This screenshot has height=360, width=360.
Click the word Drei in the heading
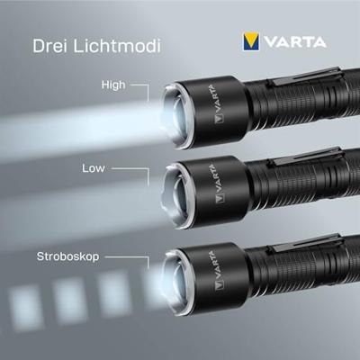click(x=49, y=46)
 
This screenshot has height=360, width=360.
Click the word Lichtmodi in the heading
click(x=117, y=46)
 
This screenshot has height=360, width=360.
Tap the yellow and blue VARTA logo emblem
click(x=251, y=42)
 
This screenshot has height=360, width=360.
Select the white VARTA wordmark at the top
click(x=295, y=42)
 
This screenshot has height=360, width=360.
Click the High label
click(x=113, y=85)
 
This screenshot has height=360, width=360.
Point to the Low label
click(x=94, y=168)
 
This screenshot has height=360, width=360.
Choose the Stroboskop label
click(x=67, y=256)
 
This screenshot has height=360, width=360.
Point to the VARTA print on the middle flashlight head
click(x=216, y=184)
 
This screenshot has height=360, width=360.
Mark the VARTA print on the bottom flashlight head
click(x=215, y=271)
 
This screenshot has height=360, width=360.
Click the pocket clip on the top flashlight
click(x=304, y=76)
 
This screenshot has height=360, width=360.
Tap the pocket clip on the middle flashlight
click(x=305, y=157)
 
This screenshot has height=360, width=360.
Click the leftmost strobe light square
click(x=25, y=307)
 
